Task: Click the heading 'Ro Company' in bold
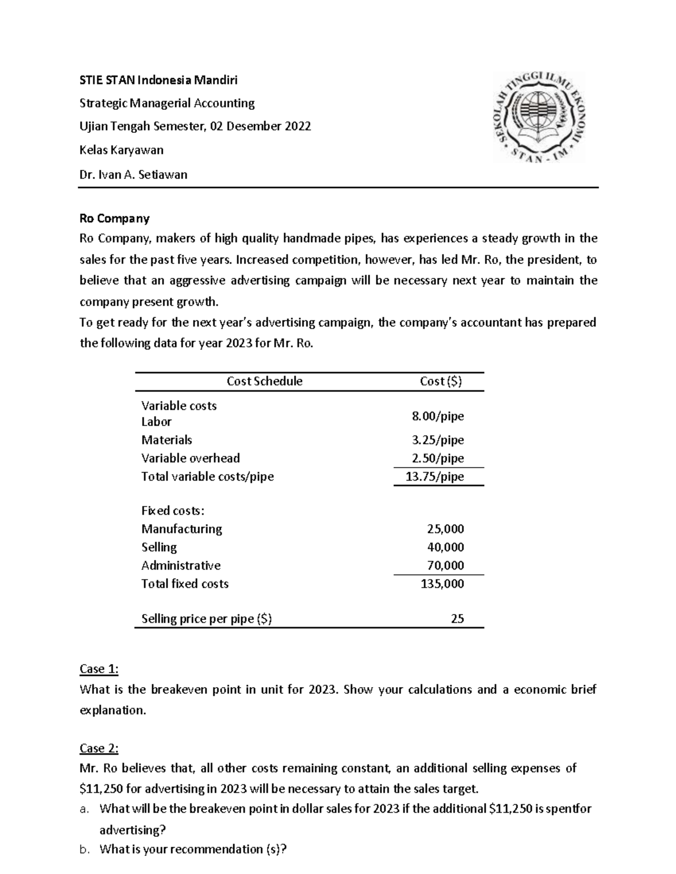(114, 218)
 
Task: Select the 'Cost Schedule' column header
(264, 381)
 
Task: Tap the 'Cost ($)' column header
(441, 381)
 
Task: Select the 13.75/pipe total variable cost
(435, 477)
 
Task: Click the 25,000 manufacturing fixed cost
(445, 529)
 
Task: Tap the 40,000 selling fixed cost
(445, 547)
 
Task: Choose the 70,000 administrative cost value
(445, 566)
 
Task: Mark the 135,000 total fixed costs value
(442, 584)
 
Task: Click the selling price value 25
(457, 619)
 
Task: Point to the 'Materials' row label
(167, 440)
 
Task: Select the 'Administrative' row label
(181, 566)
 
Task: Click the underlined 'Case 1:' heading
(99, 669)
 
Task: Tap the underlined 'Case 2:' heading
(99, 748)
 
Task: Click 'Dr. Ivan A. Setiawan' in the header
(134, 174)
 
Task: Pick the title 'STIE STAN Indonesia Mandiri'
(158, 80)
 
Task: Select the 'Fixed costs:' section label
(173, 511)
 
